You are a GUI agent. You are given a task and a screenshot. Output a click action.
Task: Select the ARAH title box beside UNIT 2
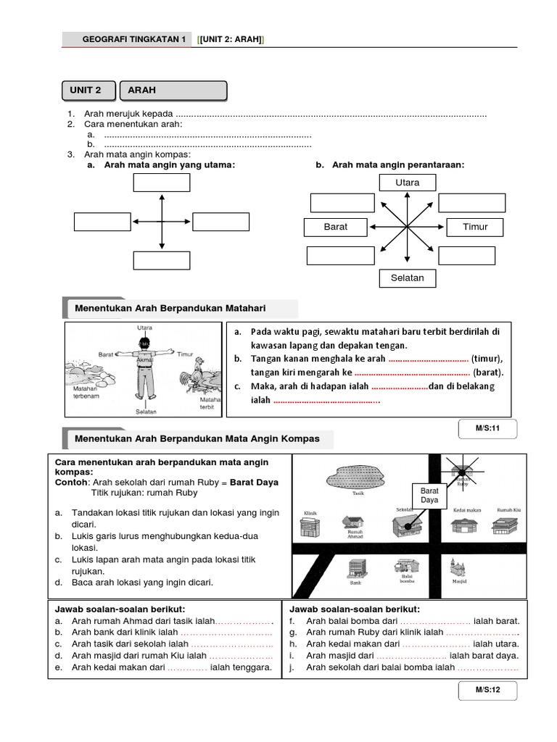click(172, 91)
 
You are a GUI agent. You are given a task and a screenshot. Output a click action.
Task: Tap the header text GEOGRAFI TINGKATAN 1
click(135, 39)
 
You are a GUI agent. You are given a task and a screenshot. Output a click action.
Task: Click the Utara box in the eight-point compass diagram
click(407, 183)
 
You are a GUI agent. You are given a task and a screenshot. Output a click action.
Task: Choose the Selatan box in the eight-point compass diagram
click(407, 278)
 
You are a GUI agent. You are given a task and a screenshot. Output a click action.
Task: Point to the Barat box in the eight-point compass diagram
click(336, 227)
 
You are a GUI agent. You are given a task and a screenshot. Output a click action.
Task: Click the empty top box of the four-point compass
click(162, 183)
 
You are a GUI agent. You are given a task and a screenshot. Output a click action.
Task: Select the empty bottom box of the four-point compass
click(162, 260)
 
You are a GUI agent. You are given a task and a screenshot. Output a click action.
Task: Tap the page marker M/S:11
click(487, 428)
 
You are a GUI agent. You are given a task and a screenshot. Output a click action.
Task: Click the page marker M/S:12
click(487, 690)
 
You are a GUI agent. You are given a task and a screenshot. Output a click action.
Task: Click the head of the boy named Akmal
click(145, 343)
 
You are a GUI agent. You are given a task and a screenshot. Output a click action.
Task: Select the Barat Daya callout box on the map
click(429, 496)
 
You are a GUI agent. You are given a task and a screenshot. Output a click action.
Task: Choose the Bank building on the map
click(355, 569)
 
